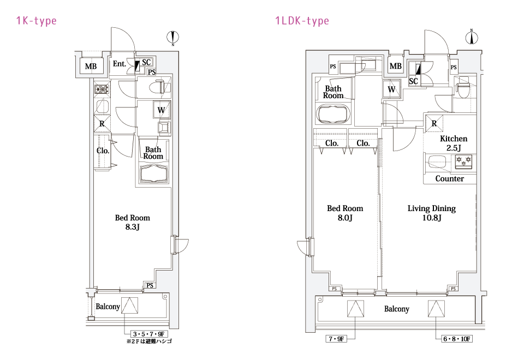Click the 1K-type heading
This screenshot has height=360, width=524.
(x=37, y=21)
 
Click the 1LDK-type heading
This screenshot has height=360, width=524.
(x=302, y=21)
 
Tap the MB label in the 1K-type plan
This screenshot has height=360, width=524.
(x=91, y=66)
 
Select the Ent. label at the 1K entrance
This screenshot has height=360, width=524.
(x=120, y=63)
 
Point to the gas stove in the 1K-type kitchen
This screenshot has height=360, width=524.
(x=102, y=89)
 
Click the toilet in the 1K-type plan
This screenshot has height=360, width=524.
(x=161, y=87)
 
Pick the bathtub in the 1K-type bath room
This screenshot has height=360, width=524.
(x=153, y=173)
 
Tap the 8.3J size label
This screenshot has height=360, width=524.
(x=133, y=227)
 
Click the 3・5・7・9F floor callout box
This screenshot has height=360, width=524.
(x=149, y=334)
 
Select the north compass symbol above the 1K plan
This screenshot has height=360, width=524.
(x=173, y=37)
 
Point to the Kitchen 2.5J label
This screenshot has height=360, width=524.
(x=454, y=143)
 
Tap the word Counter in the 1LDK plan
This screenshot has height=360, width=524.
(x=449, y=179)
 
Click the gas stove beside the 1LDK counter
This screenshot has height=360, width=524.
(x=464, y=161)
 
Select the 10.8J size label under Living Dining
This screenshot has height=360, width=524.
(x=432, y=218)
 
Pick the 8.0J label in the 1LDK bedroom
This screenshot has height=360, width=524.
(x=345, y=218)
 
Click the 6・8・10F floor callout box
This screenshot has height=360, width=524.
(x=457, y=339)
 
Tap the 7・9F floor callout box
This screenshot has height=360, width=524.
(x=336, y=339)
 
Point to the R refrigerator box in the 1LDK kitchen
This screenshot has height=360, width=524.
(x=434, y=123)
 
